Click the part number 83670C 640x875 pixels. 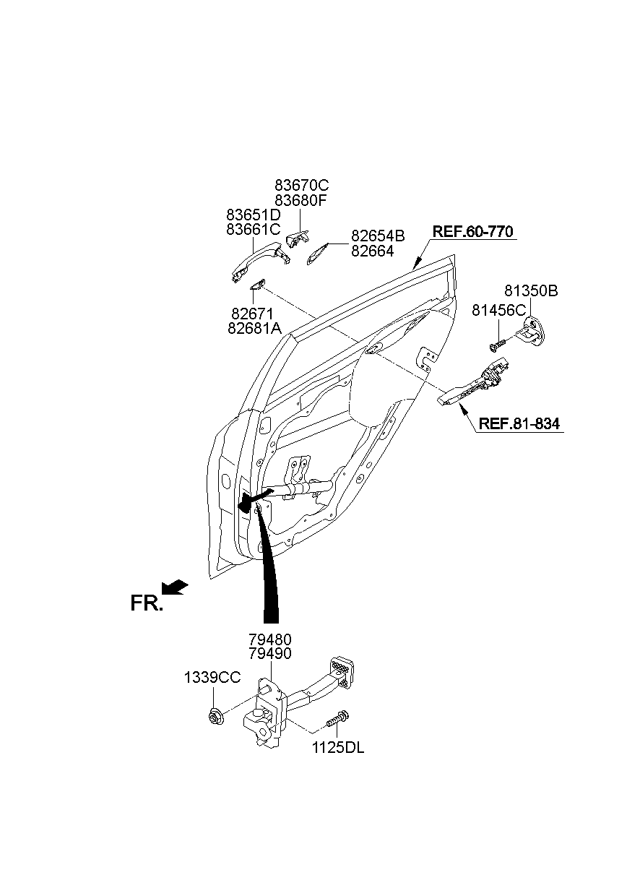tap(301, 186)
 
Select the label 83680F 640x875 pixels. tap(301, 201)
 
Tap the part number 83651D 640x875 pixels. tap(253, 215)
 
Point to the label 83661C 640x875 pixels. tap(253, 229)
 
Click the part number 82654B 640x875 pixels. tap(378, 236)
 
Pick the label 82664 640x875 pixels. tap(372, 251)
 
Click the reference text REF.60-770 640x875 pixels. tap(473, 232)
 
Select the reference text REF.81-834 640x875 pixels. tap(519, 424)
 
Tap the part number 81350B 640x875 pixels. tap(531, 291)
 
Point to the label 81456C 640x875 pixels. tap(499, 310)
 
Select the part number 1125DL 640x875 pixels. tap(338, 749)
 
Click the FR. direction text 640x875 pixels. tap(147, 603)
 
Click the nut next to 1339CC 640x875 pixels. tap(215, 715)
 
